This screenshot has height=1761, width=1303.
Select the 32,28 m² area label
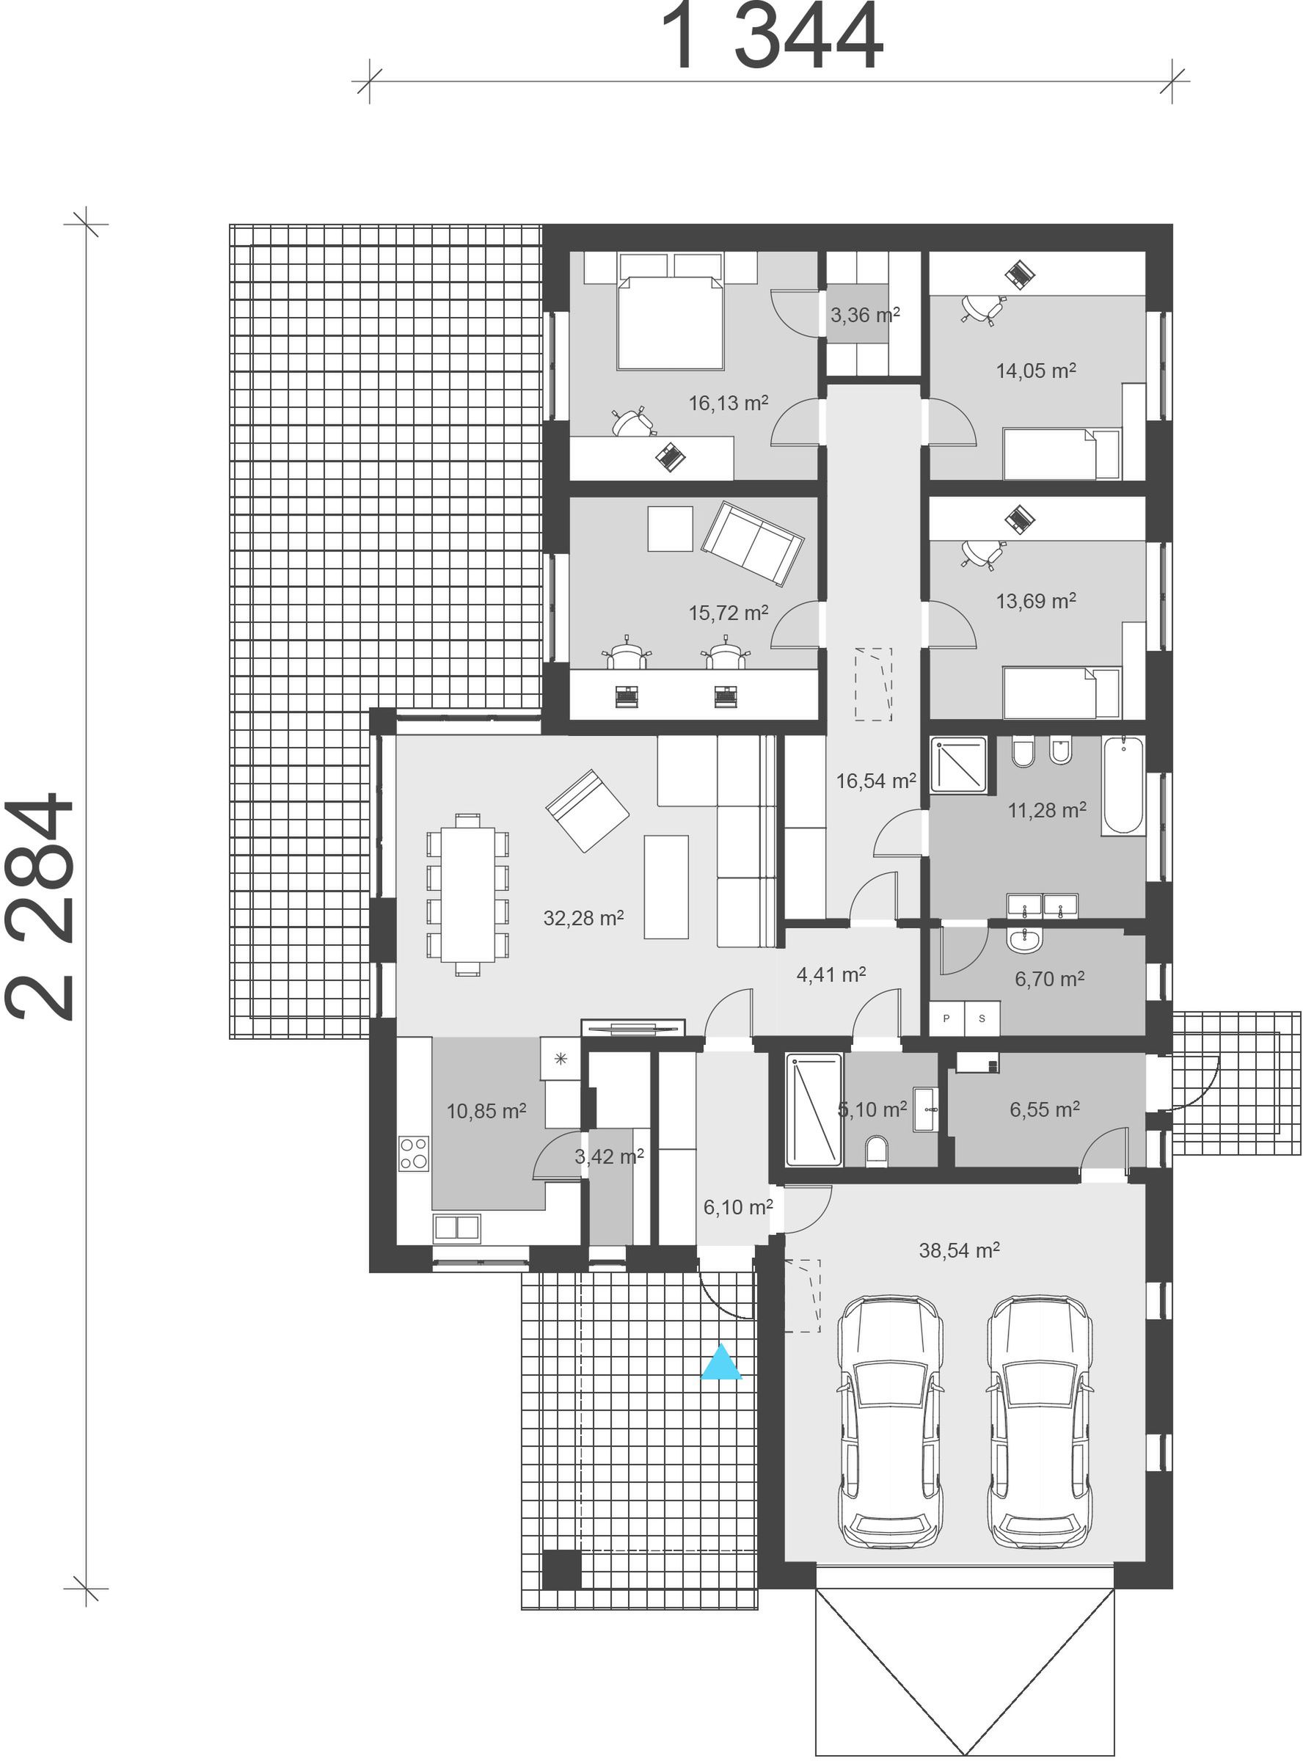[x=584, y=918]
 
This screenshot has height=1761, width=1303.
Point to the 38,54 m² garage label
[x=959, y=1250]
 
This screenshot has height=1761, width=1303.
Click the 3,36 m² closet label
[x=865, y=316]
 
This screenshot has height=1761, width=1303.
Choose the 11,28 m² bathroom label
[x=1048, y=810]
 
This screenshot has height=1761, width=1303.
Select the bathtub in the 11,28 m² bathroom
[x=1123, y=784]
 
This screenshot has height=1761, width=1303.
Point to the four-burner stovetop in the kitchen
[x=413, y=1153]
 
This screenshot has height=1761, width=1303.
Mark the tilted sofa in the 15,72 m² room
[x=753, y=544]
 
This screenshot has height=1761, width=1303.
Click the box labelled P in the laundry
[x=946, y=1018]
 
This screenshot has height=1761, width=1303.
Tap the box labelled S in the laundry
[x=982, y=1018]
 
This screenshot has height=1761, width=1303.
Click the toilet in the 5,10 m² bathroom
[x=877, y=1150]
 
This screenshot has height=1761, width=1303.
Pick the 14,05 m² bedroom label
[x=1037, y=371]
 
